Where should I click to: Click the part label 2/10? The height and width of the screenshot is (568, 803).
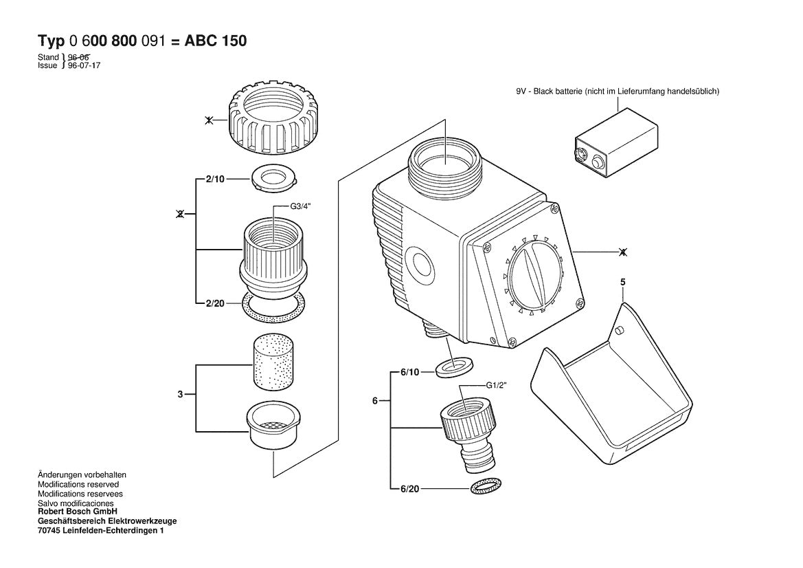click(215, 179)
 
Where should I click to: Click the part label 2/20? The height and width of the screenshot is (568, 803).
click(215, 303)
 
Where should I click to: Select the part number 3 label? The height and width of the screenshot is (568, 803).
click(180, 394)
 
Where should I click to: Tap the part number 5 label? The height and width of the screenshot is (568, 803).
click(623, 282)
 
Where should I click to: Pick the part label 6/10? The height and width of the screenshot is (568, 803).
click(409, 371)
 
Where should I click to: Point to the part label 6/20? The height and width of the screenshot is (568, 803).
click(409, 488)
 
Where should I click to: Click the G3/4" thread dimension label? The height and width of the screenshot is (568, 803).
click(301, 206)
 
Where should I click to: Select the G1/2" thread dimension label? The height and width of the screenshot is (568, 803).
click(496, 386)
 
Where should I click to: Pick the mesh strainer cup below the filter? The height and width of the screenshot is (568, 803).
click(273, 424)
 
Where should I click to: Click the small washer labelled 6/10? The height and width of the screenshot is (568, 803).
click(454, 368)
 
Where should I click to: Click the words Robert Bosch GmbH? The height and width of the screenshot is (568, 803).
click(78, 512)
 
